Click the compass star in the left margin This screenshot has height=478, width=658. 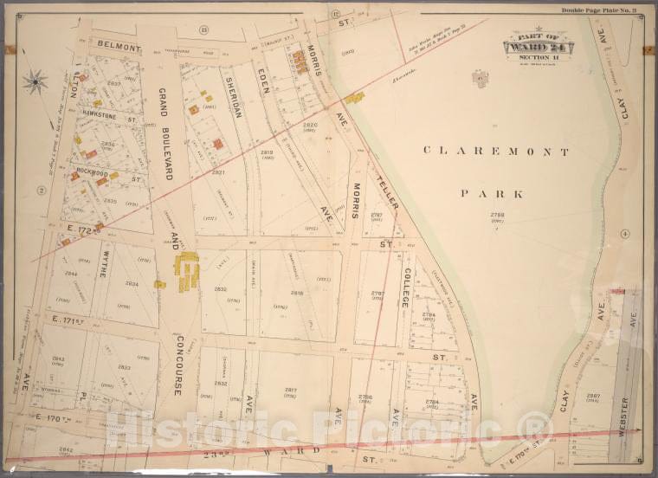(35, 82)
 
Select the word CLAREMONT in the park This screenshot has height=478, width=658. (496, 152)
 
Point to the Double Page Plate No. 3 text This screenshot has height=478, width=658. (598, 10)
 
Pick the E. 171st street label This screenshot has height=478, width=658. (66, 320)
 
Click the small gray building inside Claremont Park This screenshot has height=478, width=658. (477, 78)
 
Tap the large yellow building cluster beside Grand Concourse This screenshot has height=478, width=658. (186, 269)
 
